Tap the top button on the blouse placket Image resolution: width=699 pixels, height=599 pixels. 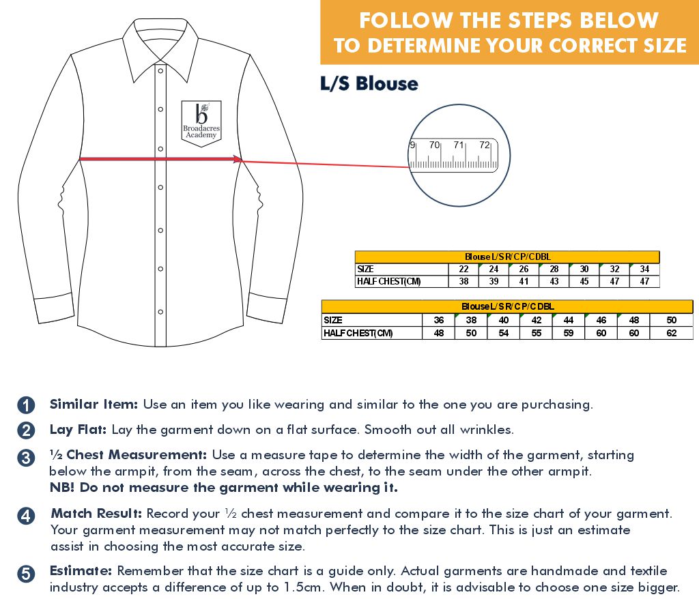point(160,71)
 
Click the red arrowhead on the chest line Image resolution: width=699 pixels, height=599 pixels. point(237,159)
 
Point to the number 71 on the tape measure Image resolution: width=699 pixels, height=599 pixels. point(459,145)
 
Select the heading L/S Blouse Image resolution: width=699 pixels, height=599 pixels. point(369,84)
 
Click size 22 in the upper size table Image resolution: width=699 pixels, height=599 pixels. point(463,269)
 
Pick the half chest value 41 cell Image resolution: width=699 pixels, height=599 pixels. point(524,281)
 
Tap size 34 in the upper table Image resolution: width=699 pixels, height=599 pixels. point(644,269)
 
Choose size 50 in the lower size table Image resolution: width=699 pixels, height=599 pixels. point(672,320)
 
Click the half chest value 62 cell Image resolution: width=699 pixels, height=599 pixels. point(672,333)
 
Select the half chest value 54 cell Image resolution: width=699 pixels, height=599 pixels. point(504,333)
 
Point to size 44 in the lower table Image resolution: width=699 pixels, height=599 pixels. point(569,320)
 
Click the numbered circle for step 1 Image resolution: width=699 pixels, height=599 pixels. point(26,405)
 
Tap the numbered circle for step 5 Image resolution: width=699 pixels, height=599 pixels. point(26,574)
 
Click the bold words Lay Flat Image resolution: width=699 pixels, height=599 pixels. point(78,430)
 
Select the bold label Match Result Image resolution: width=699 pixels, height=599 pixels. point(96,514)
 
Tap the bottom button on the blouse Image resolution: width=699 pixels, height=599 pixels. point(160,312)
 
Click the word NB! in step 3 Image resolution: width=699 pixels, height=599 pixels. point(62,488)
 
